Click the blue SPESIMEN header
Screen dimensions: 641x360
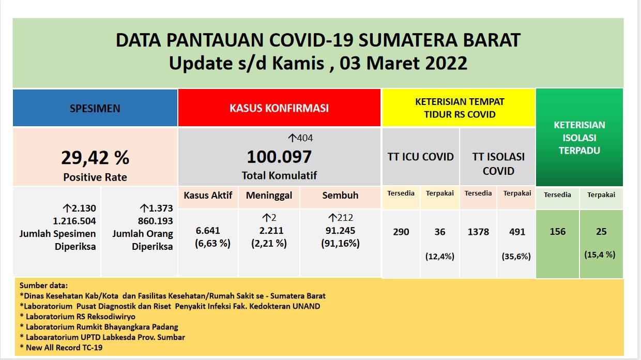(95, 108)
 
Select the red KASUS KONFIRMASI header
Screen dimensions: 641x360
(279, 108)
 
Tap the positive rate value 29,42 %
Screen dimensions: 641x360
(95, 158)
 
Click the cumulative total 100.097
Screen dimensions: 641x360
(279, 157)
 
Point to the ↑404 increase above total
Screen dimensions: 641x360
(300, 138)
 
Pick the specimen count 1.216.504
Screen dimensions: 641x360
(74, 221)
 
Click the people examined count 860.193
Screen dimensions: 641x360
(156, 221)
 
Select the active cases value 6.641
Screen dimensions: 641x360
(208, 230)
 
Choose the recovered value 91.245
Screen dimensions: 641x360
(340, 230)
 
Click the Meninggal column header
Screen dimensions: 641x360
(269, 196)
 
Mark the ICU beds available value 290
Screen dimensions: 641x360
(401, 231)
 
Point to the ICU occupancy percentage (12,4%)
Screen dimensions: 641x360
(440, 256)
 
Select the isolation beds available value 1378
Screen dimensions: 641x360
(478, 231)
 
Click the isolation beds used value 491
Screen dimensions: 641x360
(517, 231)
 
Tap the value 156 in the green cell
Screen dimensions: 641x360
(557, 231)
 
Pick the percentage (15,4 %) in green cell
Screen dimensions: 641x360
(600, 254)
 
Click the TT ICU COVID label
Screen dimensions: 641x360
(421, 157)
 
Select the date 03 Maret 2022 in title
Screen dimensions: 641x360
(403, 63)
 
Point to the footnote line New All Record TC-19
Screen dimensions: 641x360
(61, 348)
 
